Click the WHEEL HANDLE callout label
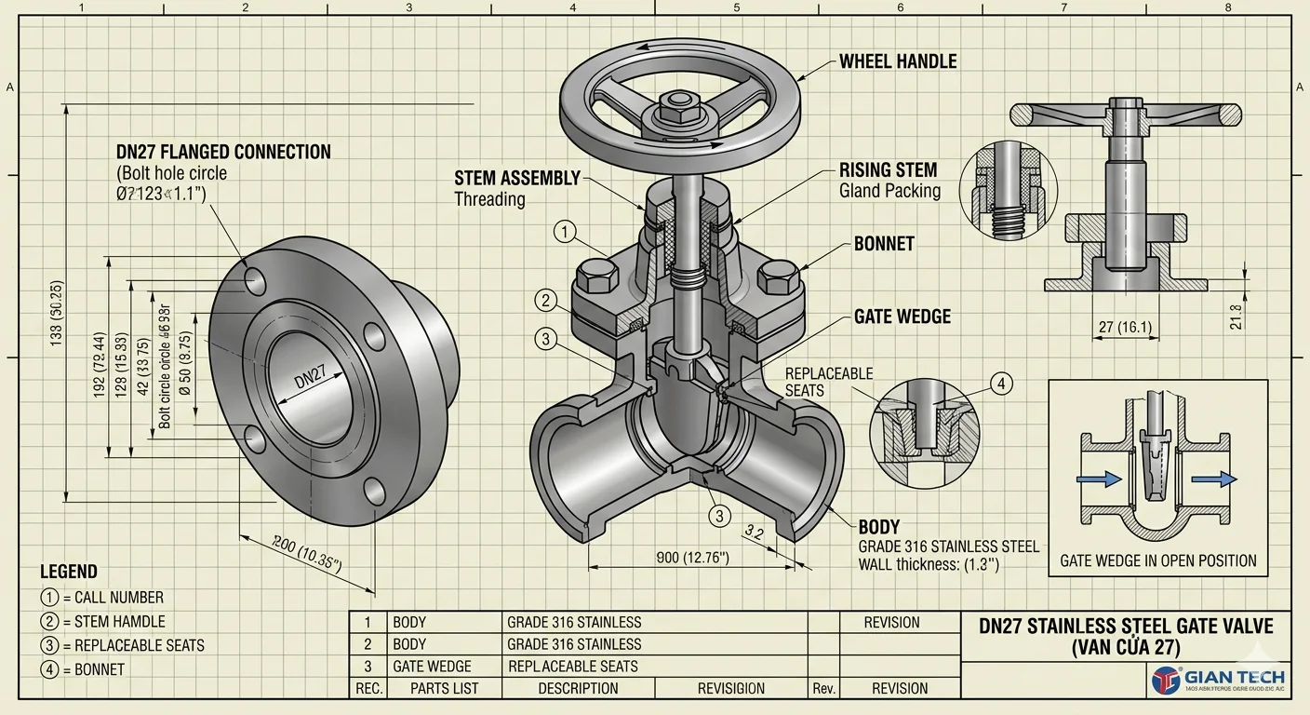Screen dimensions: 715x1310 [x=898, y=61]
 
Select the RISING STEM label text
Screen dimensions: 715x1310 [x=888, y=170]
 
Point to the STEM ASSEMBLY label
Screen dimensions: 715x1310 [x=517, y=178]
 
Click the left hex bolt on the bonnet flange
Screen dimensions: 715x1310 [x=597, y=277]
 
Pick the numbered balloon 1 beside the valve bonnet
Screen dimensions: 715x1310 [x=565, y=231]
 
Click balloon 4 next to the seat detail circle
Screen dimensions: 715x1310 [x=1000, y=384]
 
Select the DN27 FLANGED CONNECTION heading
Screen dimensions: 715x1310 [x=223, y=152]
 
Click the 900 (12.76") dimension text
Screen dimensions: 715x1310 [x=693, y=558]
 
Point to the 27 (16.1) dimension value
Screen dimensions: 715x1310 [x=1125, y=327]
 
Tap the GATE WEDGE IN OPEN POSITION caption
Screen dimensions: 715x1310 [x=1158, y=560]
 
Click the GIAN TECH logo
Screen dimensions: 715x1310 [x=1218, y=680]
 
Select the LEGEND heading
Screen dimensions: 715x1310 [x=69, y=572]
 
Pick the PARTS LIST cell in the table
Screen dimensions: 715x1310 [x=445, y=689]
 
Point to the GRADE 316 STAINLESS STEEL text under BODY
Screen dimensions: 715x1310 [x=948, y=546]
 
